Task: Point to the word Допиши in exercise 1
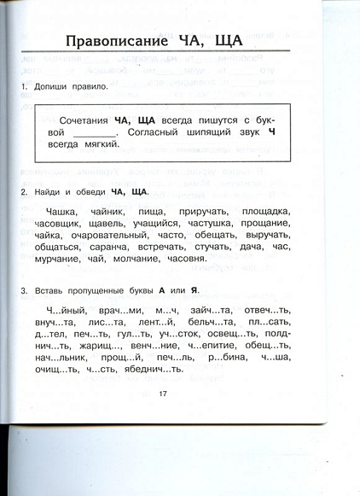[x=55, y=87]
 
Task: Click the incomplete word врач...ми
[x=118, y=311]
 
